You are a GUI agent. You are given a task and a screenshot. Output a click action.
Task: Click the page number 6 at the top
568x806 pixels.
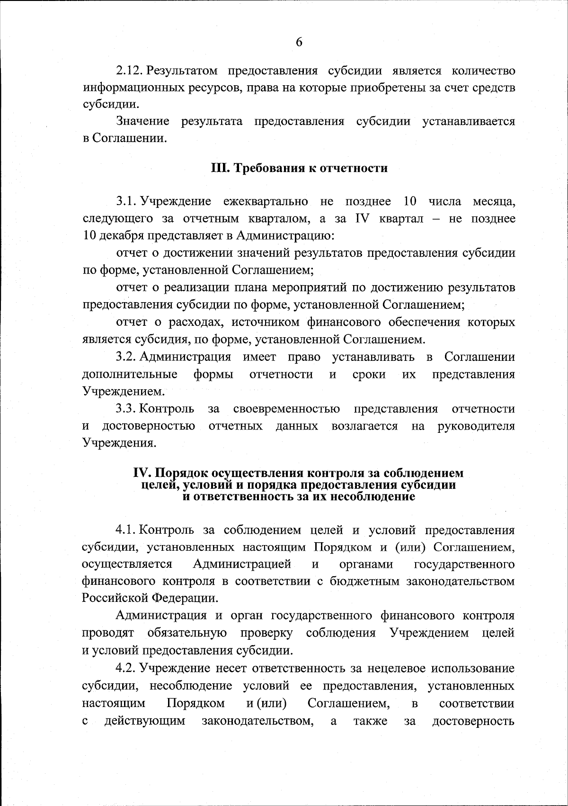(x=299, y=42)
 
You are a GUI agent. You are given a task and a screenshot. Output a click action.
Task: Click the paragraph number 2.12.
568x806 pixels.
(x=130, y=71)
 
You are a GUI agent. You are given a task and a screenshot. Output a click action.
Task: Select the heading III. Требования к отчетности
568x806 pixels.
(x=299, y=168)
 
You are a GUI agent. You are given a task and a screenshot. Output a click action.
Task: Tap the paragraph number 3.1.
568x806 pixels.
(x=126, y=201)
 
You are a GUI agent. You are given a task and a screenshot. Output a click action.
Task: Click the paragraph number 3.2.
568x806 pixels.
(x=126, y=357)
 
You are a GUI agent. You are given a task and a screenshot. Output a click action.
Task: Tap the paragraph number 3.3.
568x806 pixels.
(x=126, y=409)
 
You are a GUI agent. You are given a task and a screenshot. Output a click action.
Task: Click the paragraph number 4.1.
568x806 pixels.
(x=126, y=529)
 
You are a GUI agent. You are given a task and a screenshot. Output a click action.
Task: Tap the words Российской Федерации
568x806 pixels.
(x=150, y=598)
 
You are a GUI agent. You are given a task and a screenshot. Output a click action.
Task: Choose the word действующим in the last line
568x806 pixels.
(x=145, y=721)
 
